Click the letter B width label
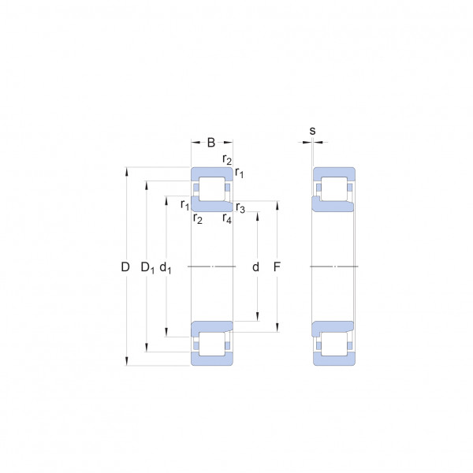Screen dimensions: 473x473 click(211, 143)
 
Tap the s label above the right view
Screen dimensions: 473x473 click(312, 131)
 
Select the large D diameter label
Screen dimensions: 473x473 click(125, 267)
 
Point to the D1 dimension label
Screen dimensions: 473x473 click(147, 267)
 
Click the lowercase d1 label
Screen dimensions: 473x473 click(165, 267)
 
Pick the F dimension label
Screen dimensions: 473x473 click(277, 267)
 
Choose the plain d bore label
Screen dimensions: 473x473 click(255, 267)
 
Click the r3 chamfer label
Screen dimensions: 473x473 click(240, 208)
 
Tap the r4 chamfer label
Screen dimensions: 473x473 click(227, 218)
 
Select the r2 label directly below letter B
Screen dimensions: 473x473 click(227, 159)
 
